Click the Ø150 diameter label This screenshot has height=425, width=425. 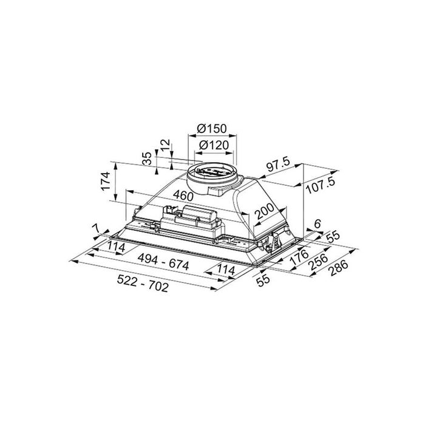click(x=212, y=129)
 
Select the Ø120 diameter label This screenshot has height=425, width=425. click(x=214, y=145)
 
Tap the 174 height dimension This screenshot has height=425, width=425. click(x=106, y=181)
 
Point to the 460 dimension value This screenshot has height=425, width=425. click(x=183, y=195)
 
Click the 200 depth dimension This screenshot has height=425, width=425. click(x=265, y=211)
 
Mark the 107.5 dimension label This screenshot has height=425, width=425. click(x=321, y=185)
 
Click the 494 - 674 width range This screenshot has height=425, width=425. click(x=163, y=262)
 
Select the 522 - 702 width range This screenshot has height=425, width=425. click(x=143, y=284)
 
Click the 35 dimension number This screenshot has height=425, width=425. click(x=147, y=159)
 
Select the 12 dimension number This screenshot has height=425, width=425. click(x=165, y=145)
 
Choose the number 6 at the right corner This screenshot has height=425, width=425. click(x=318, y=224)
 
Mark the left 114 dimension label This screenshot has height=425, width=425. click(x=116, y=247)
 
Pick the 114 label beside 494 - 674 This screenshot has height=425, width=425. click(x=226, y=270)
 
